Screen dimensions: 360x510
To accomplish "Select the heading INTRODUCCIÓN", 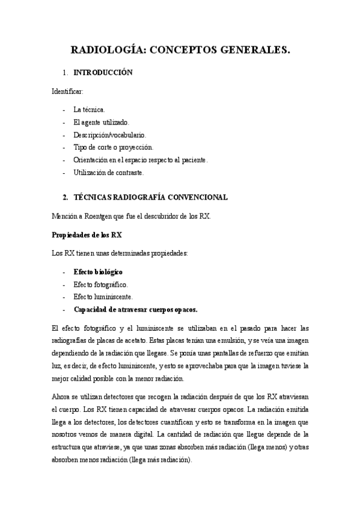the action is [103, 73].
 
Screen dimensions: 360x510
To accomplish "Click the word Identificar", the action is [67, 91].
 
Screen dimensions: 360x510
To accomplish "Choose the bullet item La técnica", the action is [89, 109].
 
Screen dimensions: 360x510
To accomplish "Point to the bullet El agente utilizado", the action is [101, 122].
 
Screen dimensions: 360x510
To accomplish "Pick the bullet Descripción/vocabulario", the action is [109, 135].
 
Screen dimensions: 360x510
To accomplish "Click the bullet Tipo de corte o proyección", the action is [113, 147].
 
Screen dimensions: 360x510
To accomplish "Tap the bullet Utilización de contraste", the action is [109, 173].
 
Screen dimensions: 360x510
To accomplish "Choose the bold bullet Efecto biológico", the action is [98, 272].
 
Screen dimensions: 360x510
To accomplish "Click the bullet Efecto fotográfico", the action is [100, 284].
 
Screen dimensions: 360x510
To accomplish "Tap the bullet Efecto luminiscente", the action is [102, 297].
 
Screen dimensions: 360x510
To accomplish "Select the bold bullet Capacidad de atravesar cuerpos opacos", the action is [135, 310].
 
